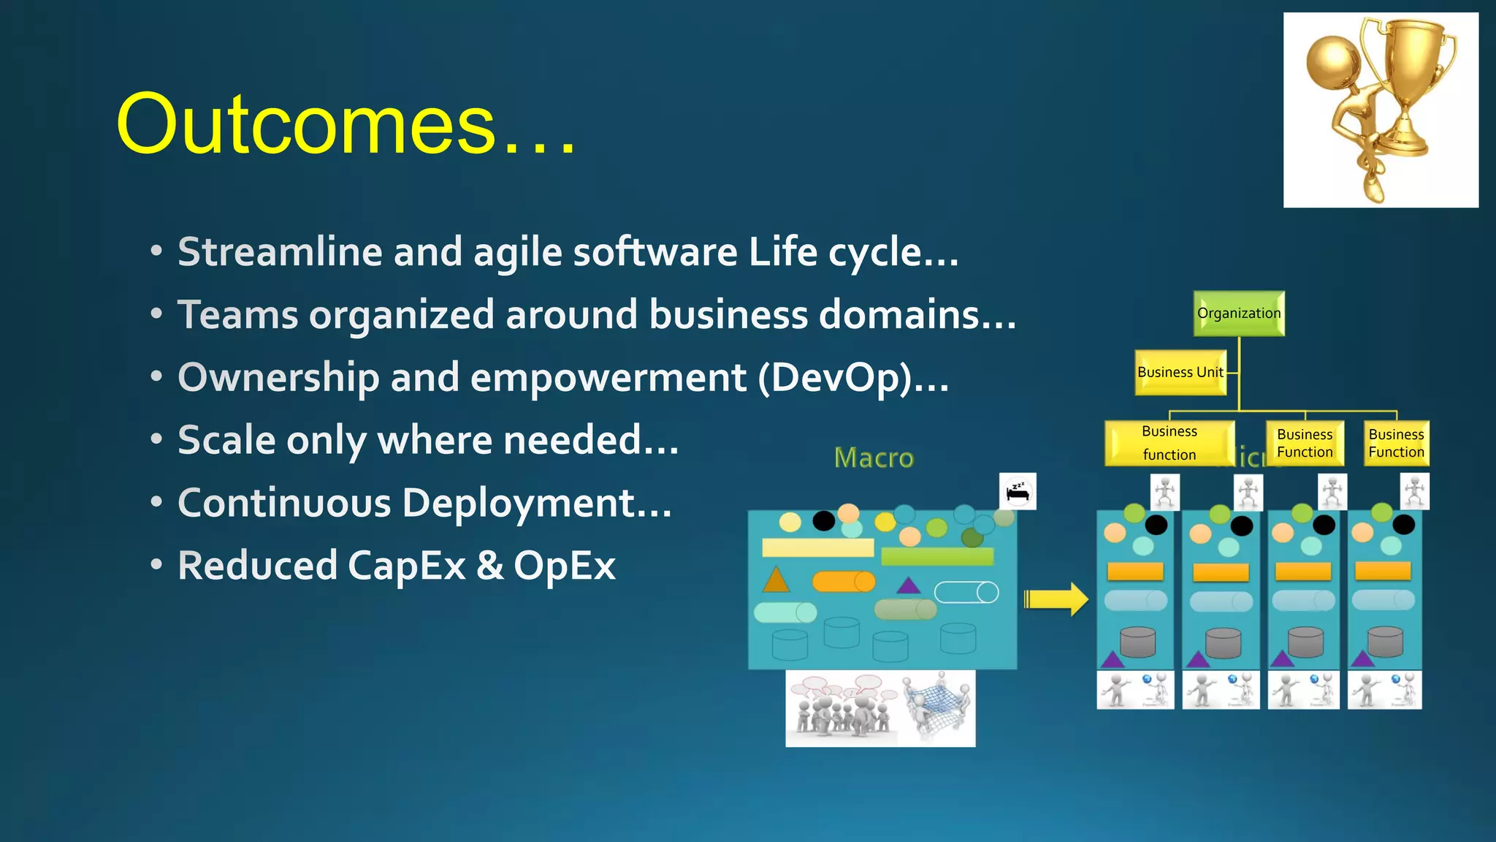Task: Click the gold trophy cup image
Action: coord(1381,110)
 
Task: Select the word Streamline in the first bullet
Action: coord(280,252)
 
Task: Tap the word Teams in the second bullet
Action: coord(238,315)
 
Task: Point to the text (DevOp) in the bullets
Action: coord(836,379)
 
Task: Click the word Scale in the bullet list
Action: coord(226,441)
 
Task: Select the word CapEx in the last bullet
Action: coord(406,566)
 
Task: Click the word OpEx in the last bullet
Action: coord(565,566)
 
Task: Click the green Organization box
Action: coord(1239,314)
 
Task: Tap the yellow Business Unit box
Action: coord(1180,372)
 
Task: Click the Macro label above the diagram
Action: coord(874,458)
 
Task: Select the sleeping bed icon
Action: coord(1018,491)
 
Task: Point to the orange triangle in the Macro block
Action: coord(776,580)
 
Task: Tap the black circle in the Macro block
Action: coord(823,520)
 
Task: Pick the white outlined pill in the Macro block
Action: coord(966,592)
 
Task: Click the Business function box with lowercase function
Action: coord(1169,443)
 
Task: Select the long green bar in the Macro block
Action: coord(937,557)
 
